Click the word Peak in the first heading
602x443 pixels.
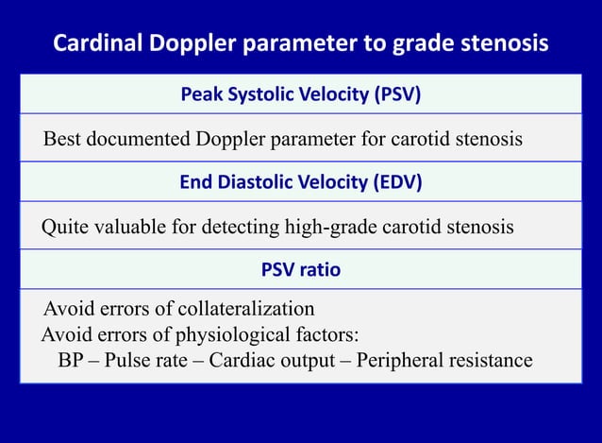(x=200, y=95)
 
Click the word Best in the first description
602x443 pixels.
(x=61, y=140)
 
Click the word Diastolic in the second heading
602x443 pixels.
(x=262, y=182)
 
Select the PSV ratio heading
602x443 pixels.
(x=300, y=269)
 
